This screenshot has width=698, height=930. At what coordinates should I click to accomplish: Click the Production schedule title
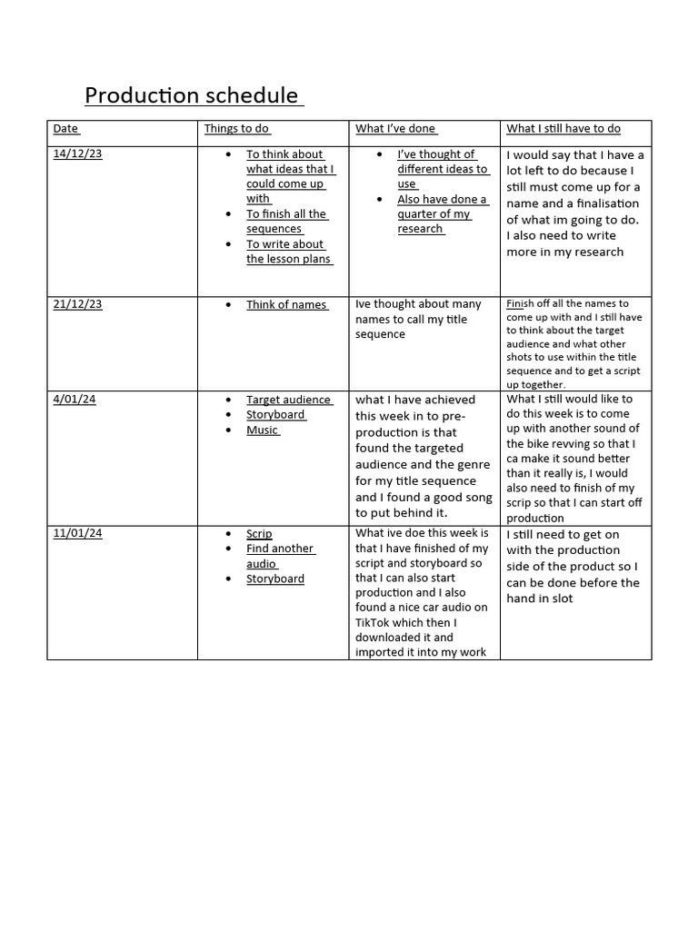pos(194,95)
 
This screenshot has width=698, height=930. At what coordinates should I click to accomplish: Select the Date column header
pos(66,129)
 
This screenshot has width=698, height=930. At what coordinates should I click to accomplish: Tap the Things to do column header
pos(237,129)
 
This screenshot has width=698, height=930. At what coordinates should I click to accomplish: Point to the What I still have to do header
pos(563,129)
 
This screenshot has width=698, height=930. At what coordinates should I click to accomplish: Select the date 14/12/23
pos(78,153)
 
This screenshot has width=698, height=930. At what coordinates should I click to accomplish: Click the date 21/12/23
pos(78,304)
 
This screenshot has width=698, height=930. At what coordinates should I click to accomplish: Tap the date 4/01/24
pos(74,399)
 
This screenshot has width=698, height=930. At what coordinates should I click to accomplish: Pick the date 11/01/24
pos(78,533)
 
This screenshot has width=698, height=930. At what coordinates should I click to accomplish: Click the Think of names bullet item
pos(286,305)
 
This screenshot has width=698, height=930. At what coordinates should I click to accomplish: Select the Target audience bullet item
pos(289,400)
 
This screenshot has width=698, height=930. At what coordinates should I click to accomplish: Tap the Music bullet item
pos(263,430)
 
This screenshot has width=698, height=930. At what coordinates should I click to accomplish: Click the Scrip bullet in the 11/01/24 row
pos(259,534)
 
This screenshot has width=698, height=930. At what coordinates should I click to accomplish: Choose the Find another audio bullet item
pos(280,556)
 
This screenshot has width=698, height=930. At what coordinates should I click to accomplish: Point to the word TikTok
pos(374,622)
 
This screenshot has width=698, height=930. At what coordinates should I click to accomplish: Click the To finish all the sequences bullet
pos(286,222)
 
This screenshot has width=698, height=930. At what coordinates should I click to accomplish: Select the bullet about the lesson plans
pos(289,252)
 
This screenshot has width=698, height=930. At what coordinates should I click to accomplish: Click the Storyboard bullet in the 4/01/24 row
pos(275,415)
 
